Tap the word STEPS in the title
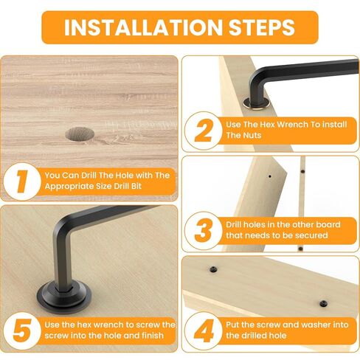click(262, 27)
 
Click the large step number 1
click(21, 181)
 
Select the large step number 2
click(204, 131)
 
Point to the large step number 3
click(203, 231)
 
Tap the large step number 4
click(204, 331)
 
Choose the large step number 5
click(22, 331)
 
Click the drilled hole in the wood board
click(80, 134)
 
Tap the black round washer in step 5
click(64, 297)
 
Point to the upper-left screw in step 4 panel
click(213, 269)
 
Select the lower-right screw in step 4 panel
click(324, 304)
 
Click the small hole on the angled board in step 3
click(270, 176)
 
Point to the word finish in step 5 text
click(153, 336)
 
